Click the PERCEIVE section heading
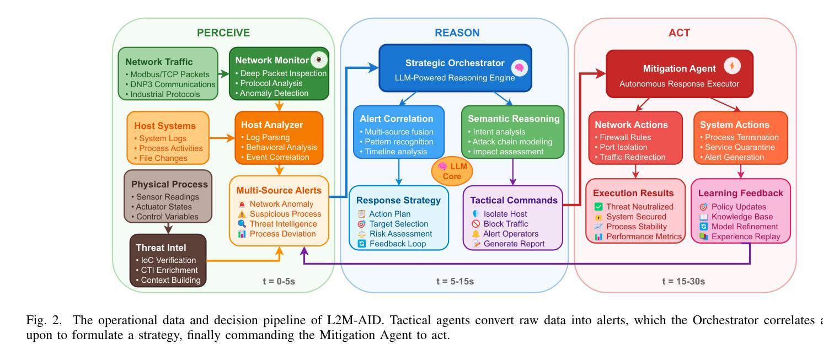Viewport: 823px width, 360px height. coord(223,33)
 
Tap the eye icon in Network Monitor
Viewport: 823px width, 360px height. coord(319,60)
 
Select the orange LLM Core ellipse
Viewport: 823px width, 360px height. coord(452,171)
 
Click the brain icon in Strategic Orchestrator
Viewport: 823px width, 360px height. coord(519,68)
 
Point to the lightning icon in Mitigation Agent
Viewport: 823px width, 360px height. coord(732,67)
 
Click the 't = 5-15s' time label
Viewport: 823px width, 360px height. coord(455,281)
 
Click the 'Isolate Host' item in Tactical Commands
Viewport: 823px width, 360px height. coord(505,213)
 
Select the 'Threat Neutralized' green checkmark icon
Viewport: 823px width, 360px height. coord(598,207)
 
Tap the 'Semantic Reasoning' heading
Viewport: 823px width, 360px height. coord(513,119)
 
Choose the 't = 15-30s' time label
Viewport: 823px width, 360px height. coord(683,281)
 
